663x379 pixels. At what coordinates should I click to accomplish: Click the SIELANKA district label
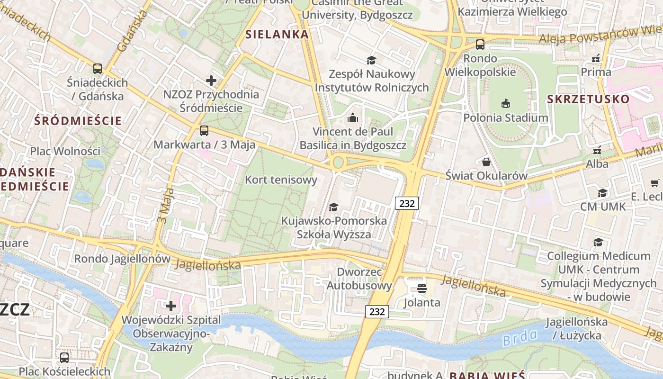(277, 34)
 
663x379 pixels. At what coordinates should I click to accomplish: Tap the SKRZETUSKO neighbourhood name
(588, 99)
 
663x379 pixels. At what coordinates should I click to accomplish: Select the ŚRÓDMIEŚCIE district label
(78, 121)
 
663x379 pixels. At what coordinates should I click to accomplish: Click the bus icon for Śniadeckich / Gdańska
(98, 69)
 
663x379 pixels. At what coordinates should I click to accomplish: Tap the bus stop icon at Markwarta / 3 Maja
(204, 131)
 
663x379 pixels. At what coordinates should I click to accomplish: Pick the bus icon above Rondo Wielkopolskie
(480, 45)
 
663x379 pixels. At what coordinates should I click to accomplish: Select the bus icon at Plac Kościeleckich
(64, 358)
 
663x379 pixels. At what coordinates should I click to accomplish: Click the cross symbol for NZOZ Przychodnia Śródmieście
(211, 81)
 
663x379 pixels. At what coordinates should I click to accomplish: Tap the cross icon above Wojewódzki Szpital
(171, 306)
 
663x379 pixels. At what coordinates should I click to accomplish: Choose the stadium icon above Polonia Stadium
(506, 104)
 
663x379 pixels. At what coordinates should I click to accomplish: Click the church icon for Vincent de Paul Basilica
(353, 117)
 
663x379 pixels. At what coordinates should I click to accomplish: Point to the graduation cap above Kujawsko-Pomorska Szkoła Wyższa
(334, 207)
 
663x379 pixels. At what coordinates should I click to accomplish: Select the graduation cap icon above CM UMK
(603, 193)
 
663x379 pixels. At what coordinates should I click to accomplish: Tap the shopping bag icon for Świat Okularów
(486, 162)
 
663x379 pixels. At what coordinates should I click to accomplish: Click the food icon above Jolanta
(422, 289)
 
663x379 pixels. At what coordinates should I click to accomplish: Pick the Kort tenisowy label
(281, 180)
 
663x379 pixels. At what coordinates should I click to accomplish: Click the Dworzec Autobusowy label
(359, 279)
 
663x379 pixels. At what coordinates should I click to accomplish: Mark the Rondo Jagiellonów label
(122, 259)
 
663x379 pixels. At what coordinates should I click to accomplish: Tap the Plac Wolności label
(65, 152)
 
